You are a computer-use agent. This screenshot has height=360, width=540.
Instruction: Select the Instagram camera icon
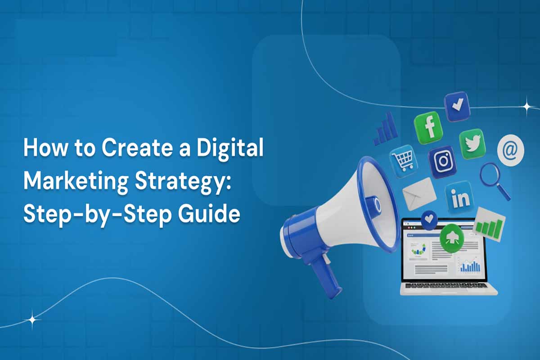tap(442, 162)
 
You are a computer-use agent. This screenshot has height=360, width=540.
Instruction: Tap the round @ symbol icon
tap(510, 151)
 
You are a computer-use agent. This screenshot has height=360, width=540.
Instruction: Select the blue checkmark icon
tap(457, 106)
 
